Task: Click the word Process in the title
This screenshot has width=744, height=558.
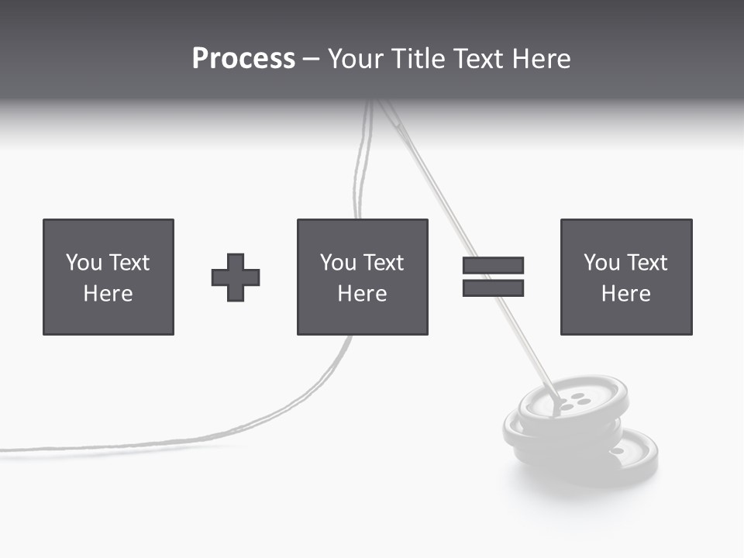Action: click(243, 59)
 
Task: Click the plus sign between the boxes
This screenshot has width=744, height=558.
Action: click(236, 277)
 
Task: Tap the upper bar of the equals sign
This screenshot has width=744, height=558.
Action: click(493, 265)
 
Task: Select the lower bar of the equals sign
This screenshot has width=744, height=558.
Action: click(493, 288)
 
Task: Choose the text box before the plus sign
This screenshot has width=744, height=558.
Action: click(108, 277)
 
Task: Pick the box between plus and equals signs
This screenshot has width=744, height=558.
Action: click(362, 277)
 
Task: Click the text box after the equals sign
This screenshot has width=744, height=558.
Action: click(626, 277)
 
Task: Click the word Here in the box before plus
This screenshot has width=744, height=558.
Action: click(108, 294)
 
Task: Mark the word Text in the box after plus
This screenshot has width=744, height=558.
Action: click(384, 263)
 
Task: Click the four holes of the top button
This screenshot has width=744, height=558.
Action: click(573, 402)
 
